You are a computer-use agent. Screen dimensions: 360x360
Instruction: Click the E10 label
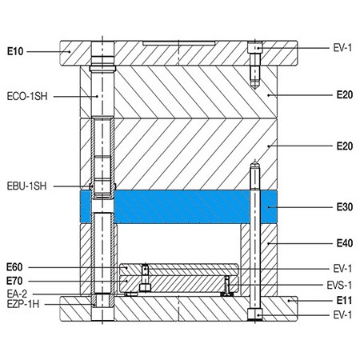click(15, 52)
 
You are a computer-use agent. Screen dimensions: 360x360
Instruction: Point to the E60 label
click(14, 266)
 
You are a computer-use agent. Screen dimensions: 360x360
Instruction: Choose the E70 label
click(14, 281)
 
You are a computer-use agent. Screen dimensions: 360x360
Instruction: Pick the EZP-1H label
click(22, 305)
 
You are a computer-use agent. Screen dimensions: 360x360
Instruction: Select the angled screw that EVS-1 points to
click(228, 286)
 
